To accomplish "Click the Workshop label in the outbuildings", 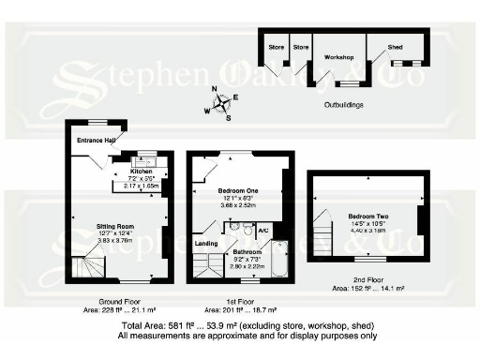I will pyautogui.click(x=337, y=57).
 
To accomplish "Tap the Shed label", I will pyautogui.click(x=396, y=47).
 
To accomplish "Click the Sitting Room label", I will pyautogui.click(x=117, y=226).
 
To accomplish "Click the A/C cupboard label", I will pyautogui.click(x=263, y=231).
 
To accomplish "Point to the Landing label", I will pyautogui.click(x=206, y=244).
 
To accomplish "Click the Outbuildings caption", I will pyautogui.click(x=343, y=104).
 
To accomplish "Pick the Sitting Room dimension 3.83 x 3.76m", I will pyautogui.click(x=117, y=240).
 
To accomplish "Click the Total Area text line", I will pyautogui.click(x=248, y=325).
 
